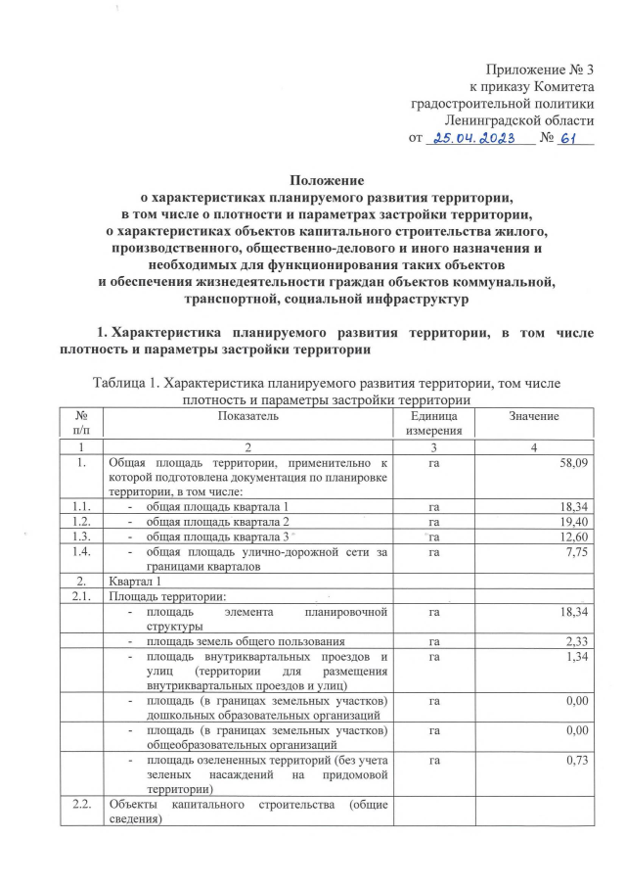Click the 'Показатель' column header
248,417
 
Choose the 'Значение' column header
533,417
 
